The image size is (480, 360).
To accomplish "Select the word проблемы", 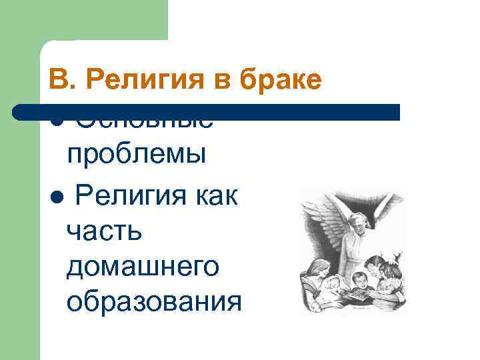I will click(x=136, y=154).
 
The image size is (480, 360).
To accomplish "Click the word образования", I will click(x=154, y=302).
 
